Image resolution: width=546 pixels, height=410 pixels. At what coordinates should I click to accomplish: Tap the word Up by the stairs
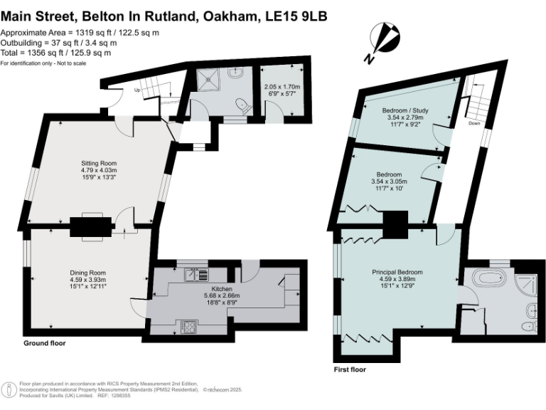click(138, 90)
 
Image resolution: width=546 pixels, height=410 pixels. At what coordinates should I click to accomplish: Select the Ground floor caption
click(44, 343)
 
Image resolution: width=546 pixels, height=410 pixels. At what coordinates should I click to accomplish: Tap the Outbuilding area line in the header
click(58, 43)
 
